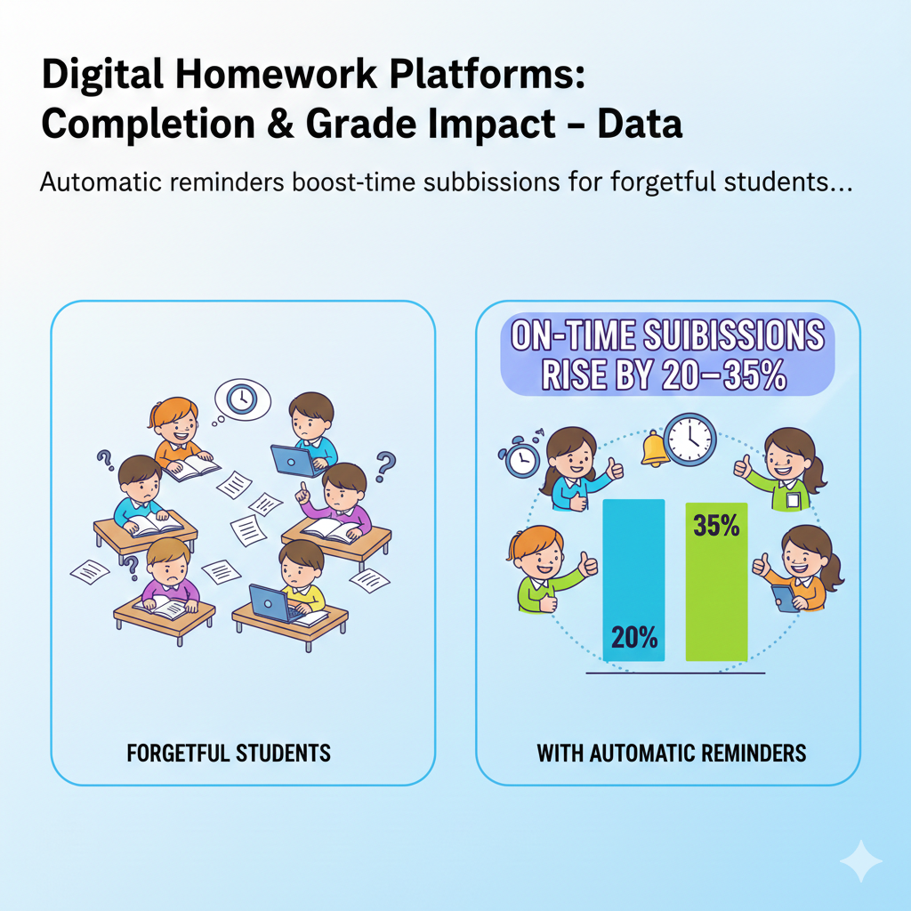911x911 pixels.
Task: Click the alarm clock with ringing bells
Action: [x=521, y=455]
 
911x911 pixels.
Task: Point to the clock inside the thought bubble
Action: [x=242, y=399]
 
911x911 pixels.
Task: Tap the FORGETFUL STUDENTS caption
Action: [x=229, y=753]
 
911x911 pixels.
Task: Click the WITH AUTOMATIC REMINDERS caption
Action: [x=671, y=753]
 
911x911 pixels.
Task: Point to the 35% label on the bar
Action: [x=716, y=527]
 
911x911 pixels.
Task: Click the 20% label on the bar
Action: [x=634, y=637]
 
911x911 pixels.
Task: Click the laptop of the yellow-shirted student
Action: [x=270, y=604]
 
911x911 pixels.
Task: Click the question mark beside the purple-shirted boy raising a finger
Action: [x=385, y=464]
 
